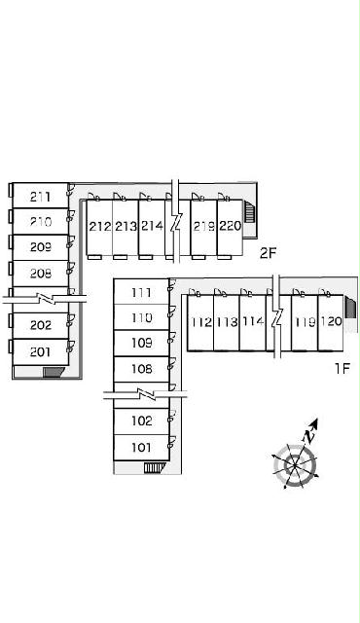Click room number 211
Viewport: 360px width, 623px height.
point(40,197)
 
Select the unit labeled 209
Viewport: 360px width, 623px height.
point(41,247)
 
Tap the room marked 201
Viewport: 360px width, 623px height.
point(40,351)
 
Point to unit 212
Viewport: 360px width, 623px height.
point(99,227)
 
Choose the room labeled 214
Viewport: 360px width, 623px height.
point(152,226)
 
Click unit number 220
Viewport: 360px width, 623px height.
point(231,226)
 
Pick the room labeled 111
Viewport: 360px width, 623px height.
point(141,293)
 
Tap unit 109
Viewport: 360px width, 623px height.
point(142,343)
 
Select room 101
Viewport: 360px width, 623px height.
point(141,448)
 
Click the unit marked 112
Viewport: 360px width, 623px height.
point(201,322)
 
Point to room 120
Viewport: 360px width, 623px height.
point(332,321)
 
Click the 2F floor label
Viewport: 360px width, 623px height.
point(268,253)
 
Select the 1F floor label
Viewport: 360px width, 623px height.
point(342,368)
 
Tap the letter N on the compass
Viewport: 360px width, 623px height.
point(308,437)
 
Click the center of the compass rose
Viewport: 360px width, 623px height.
point(296,465)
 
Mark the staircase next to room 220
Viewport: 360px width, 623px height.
point(249,212)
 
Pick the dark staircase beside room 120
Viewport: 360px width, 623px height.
point(350,308)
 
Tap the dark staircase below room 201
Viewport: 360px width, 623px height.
point(54,372)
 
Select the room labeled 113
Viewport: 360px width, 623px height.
point(227,322)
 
